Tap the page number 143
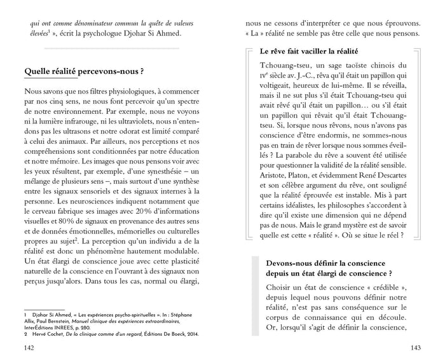[416, 347]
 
